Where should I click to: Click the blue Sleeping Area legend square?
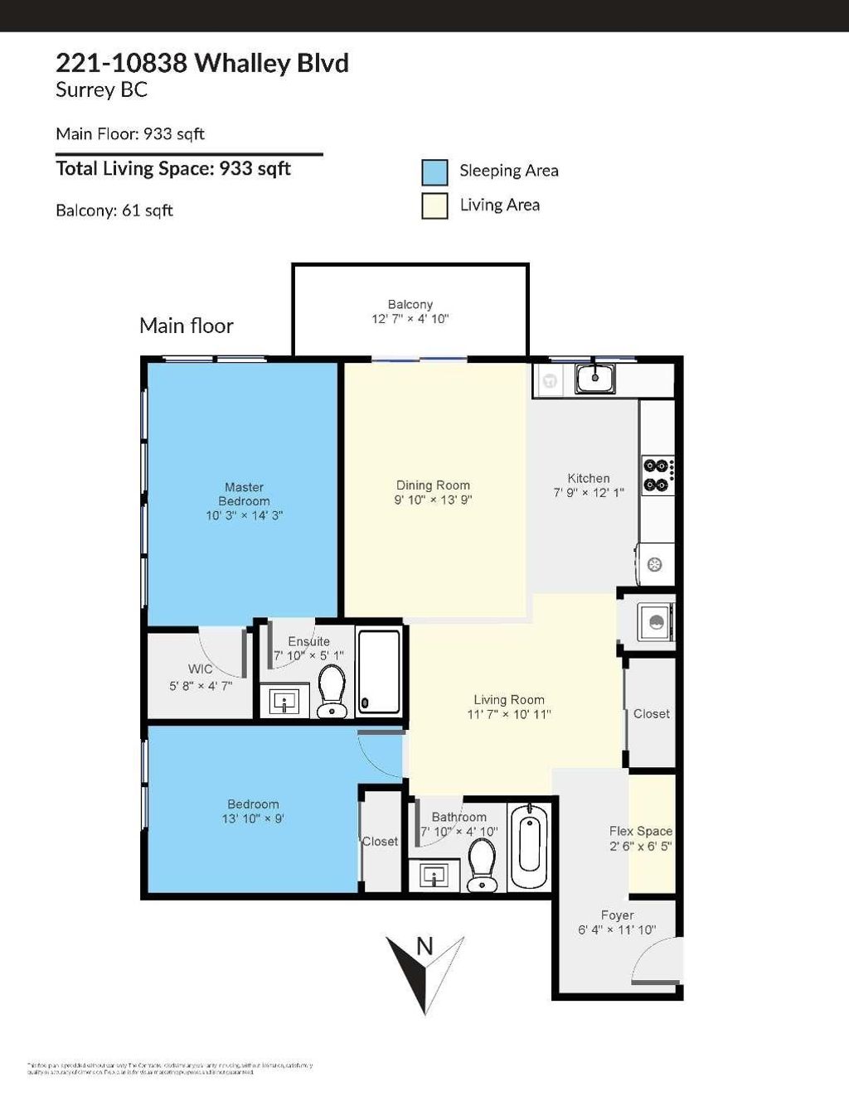(x=434, y=171)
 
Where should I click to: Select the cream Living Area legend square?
(x=434, y=205)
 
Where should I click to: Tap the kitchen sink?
(x=594, y=379)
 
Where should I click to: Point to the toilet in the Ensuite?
(x=332, y=690)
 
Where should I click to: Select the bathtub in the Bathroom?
(x=528, y=847)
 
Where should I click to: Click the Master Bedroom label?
(x=244, y=494)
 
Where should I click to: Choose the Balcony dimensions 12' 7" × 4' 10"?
(x=410, y=319)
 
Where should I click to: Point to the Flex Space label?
(x=640, y=831)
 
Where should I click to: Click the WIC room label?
(x=200, y=669)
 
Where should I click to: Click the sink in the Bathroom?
(x=434, y=874)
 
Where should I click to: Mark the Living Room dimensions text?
(x=508, y=714)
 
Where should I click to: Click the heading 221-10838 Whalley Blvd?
(x=201, y=63)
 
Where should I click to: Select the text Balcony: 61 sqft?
(x=114, y=210)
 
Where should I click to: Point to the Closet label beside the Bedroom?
(x=381, y=841)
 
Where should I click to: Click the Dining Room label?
(x=433, y=485)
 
